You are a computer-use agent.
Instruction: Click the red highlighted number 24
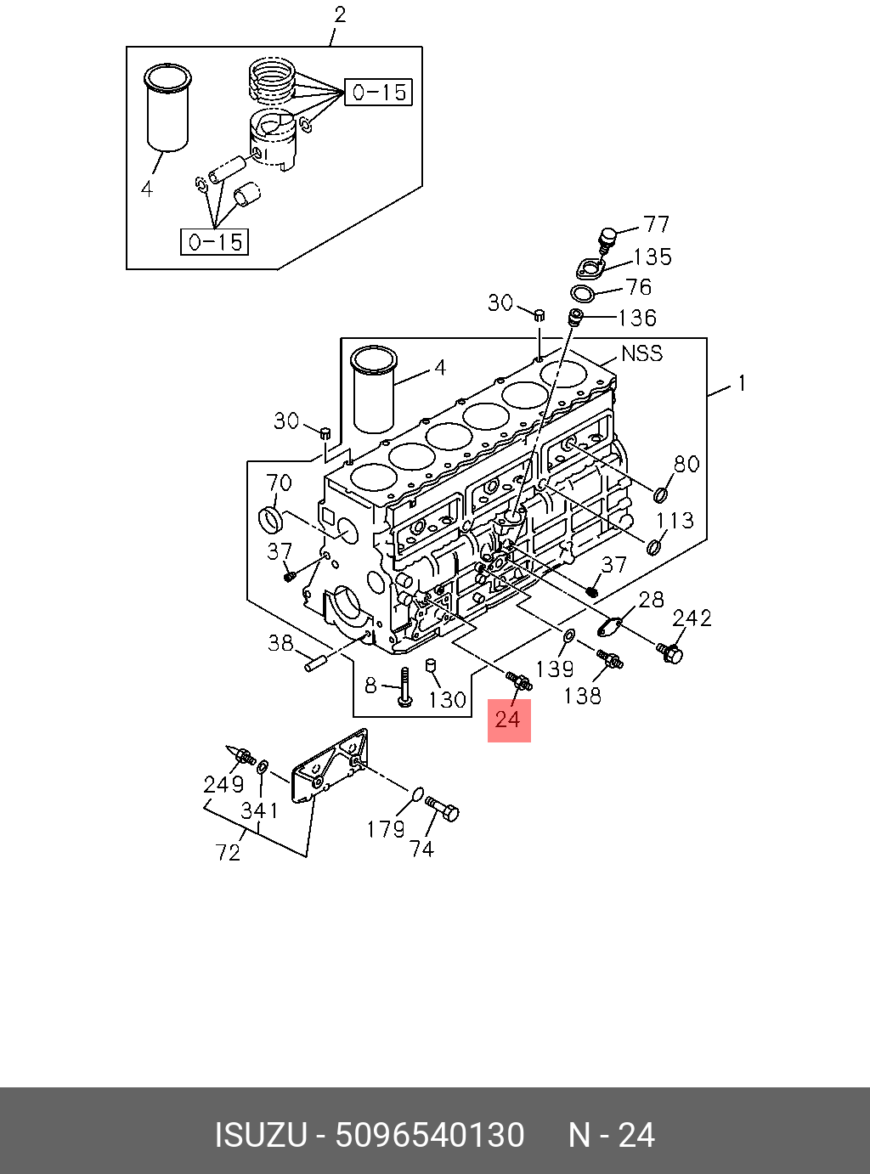508,720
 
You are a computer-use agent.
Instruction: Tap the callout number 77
656,224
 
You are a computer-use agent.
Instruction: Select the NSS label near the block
641,353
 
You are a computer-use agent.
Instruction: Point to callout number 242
692,618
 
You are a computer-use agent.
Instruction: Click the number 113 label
675,520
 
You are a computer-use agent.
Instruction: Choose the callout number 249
223,784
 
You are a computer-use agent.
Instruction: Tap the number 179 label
386,828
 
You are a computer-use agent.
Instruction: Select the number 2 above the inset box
340,14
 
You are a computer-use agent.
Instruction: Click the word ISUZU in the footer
260,1136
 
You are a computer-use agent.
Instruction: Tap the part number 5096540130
430,1136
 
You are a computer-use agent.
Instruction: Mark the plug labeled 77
606,239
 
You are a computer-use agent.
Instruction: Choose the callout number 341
259,810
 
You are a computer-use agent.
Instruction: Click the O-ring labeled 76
583,294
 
